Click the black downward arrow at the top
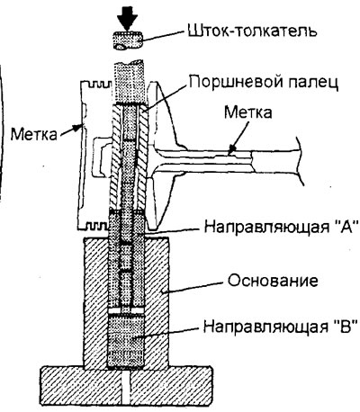(x=128, y=15)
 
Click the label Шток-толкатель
(x=252, y=31)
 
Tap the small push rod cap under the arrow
(x=128, y=40)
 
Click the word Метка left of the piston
(x=33, y=134)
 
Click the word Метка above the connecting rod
(x=248, y=112)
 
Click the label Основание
(x=273, y=281)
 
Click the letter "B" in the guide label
(x=345, y=326)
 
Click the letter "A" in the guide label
(x=346, y=226)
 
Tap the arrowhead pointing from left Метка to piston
(x=78, y=128)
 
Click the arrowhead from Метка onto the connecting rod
(x=231, y=149)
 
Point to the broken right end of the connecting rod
(x=300, y=160)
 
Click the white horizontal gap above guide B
(x=126, y=310)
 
